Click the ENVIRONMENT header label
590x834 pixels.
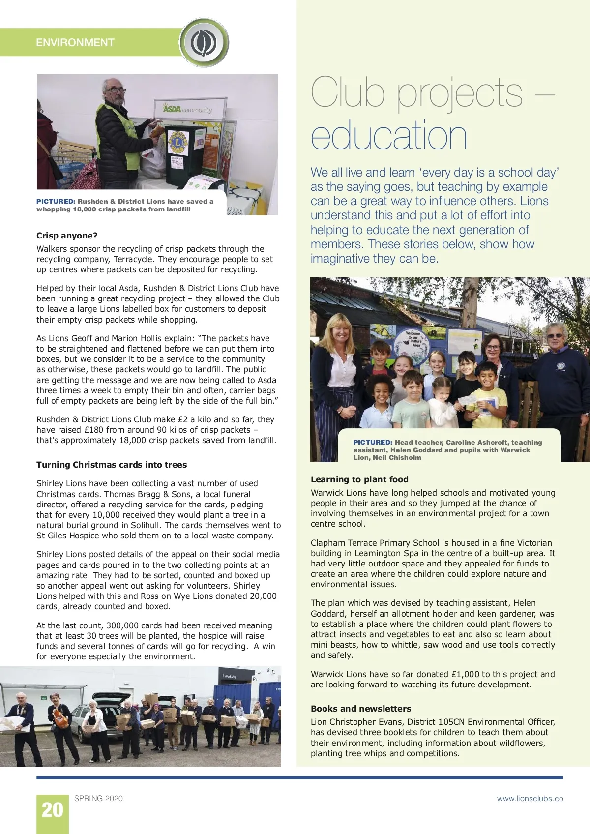click(x=75, y=43)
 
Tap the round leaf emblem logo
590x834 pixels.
click(x=204, y=43)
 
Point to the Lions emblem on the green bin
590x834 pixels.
click(x=178, y=142)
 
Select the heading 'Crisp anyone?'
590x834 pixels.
click(x=67, y=236)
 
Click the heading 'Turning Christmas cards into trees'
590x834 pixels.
click(x=112, y=465)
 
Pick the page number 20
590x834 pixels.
click(x=52, y=810)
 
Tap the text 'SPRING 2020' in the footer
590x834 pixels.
click(x=98, y=798)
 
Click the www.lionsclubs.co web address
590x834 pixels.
click(x=530, y=798)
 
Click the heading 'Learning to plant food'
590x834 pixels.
click(x=359, y=479)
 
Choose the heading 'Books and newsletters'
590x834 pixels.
click(x=361, y=709)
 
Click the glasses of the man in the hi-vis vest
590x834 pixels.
click(x=117, y=90)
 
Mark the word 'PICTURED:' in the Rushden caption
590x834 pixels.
click(x=56, y=201)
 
